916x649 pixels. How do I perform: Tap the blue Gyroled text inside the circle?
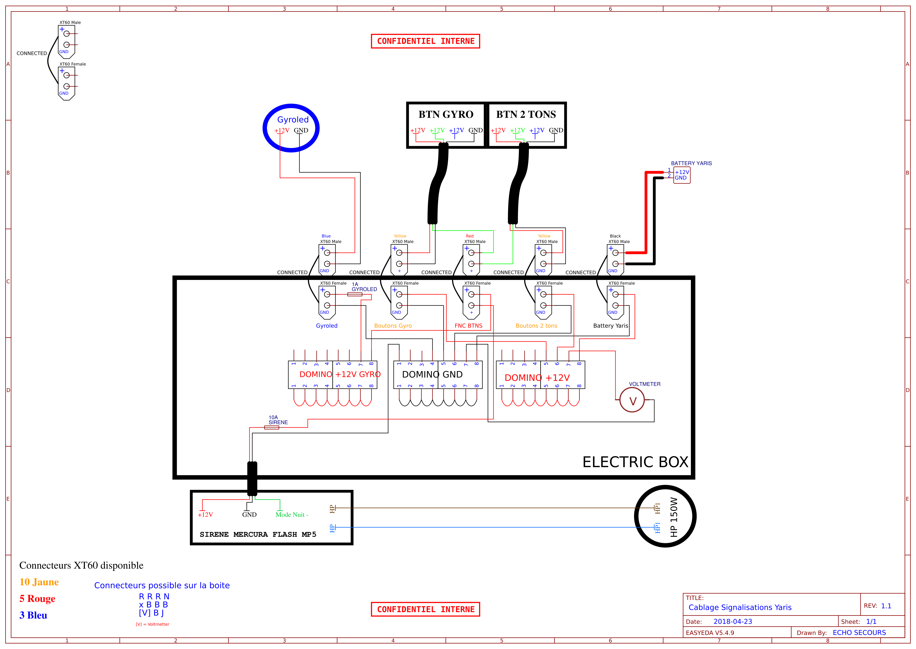coord(293,120)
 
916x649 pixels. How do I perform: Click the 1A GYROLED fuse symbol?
coord(355,295)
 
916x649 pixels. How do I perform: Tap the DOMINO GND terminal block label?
coord(432,375)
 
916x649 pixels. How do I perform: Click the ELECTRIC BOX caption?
coord(635,462)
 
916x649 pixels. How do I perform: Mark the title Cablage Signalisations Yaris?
coord(740,608)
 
